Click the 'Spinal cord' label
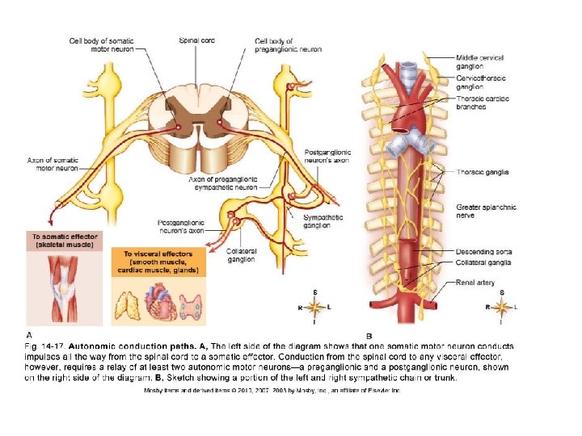coord(196,40)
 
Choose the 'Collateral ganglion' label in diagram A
coord(241,255)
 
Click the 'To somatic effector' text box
coord(63,240)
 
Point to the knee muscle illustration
coord(62,286)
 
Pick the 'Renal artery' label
coord(474,283)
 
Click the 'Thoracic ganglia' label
coord(483,171)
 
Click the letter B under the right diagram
coord(369,334)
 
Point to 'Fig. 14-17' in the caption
coord(44,346)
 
